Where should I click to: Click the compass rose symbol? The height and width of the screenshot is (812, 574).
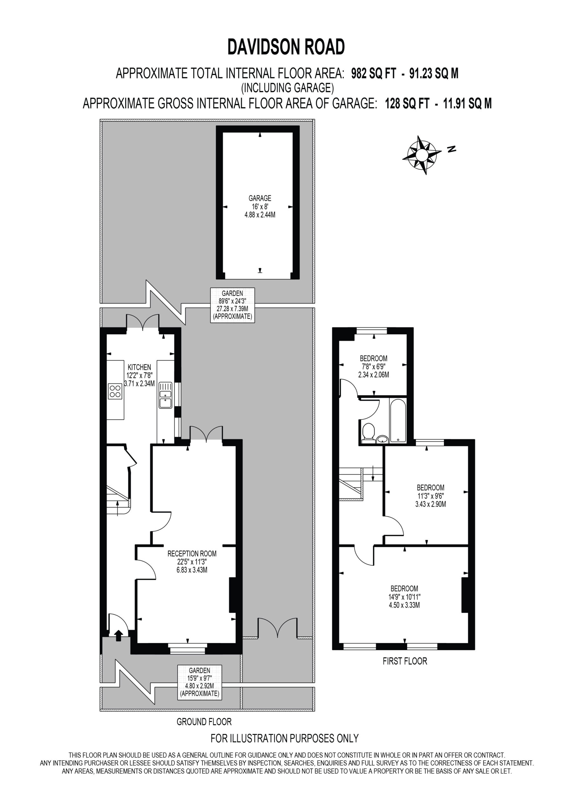(421, 155)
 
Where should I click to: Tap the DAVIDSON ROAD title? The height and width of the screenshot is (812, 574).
(286, 47)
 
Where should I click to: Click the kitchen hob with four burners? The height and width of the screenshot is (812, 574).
(115, 391)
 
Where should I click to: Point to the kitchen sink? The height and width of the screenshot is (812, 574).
(165, 395)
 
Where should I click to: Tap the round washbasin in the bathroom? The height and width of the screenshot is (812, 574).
(382, 439)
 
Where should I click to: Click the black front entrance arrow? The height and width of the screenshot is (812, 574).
(119, 636)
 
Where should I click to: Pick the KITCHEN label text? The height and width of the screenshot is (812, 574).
(139, 367)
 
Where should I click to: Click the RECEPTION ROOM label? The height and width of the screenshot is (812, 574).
(192, 553)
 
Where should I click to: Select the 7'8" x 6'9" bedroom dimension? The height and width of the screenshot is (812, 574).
(374, 366)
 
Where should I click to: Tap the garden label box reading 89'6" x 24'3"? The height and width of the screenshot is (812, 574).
(232, 305)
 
